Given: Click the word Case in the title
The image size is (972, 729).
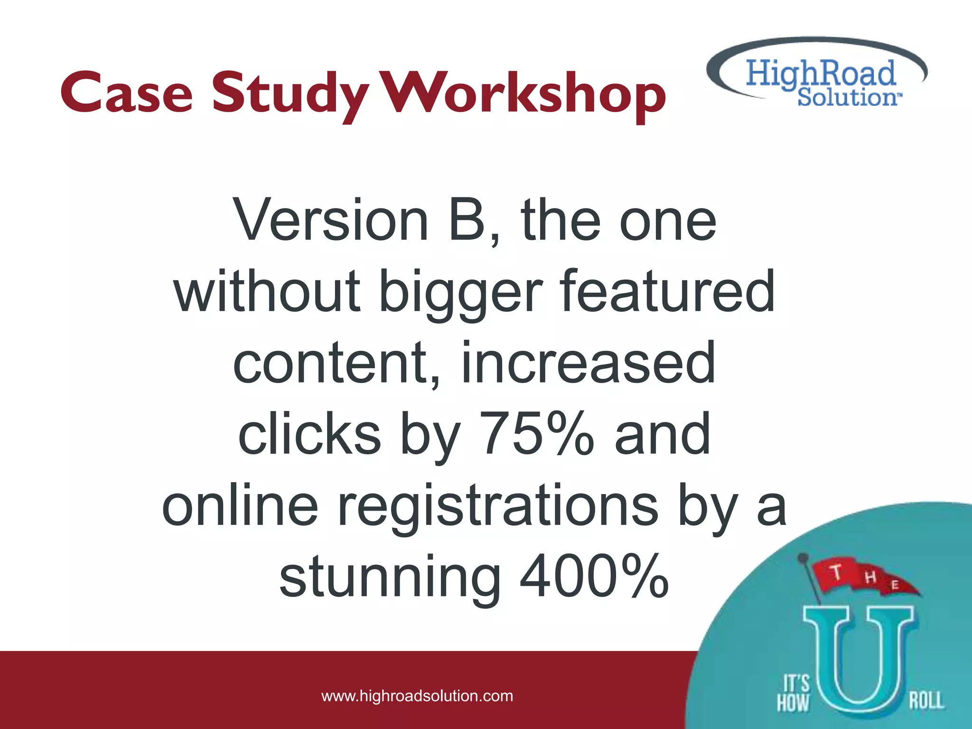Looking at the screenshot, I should tap(127, 93).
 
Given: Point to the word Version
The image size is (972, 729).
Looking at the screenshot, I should tap(332, 221).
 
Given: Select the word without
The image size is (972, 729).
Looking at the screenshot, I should tap(267, 291).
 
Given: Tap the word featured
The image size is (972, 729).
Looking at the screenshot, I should tap(668, 291).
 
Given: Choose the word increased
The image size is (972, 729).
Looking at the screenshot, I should tap(588, 363).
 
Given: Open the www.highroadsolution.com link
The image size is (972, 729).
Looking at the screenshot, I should tap(417, 696).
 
